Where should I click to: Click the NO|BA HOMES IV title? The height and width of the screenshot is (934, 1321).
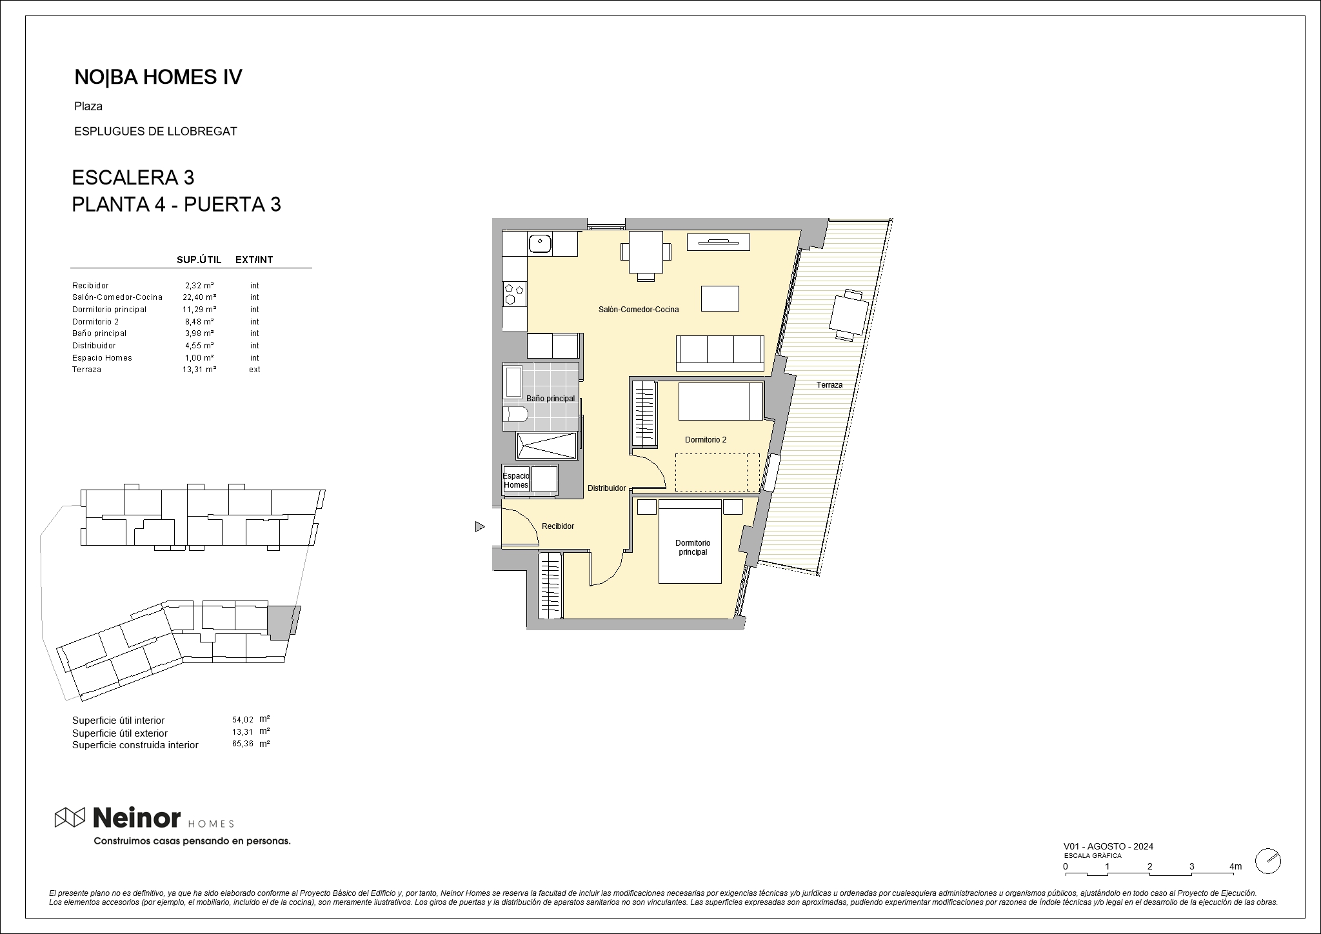pyautogui.click(x=158, y=77)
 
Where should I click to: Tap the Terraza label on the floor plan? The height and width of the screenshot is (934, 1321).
pyautogui.click(x=829, y=385)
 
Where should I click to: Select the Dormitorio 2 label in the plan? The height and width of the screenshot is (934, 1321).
pyautogui.click(x=706, y=440)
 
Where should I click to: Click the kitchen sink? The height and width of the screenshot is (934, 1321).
pyautogui.click(x=539, y=243)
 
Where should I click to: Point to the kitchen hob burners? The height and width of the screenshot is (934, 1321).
pyautogui.click(x=515, y=293)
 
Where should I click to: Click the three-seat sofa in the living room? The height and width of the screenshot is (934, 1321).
pyautogui.click(x=720, y=353)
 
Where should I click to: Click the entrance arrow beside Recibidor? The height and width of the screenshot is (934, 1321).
pyautogui.click(x=480, y=527)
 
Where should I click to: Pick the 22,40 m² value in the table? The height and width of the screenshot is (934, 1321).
pyautogui.click(x=199, y=297)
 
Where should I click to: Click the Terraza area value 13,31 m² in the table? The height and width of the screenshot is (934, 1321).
pyautogui.click(x=199, y=370)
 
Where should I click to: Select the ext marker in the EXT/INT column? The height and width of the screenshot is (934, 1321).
pyautogui.click(x=255, y=370)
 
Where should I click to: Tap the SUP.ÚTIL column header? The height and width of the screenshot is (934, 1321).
pyautogui.click(x=199, y=260)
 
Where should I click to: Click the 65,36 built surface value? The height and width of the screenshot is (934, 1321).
pyautogui.click(x=243, y=744)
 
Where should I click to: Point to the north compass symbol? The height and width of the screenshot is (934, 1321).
pyautogui.click(x=1268, y=861)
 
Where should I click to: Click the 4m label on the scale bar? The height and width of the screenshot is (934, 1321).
pyautogui.click(x=1236, y=866)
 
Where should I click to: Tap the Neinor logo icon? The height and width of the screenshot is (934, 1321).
pyautogui.click(x=70, y=817)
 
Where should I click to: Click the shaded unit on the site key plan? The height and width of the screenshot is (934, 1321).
pyautogui.click(x=283, y=622)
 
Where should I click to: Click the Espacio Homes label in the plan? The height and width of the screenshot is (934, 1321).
pyautogui.click(x=516, y=481)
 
